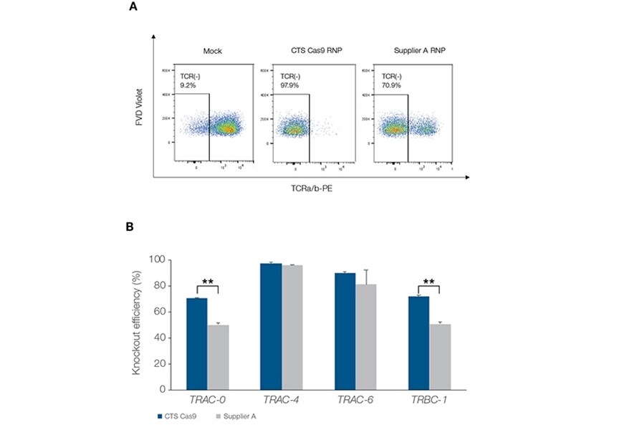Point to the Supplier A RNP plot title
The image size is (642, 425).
(405, 51)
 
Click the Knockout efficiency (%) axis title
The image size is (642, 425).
(136, 324)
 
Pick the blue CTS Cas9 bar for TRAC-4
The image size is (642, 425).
(271, 326)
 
